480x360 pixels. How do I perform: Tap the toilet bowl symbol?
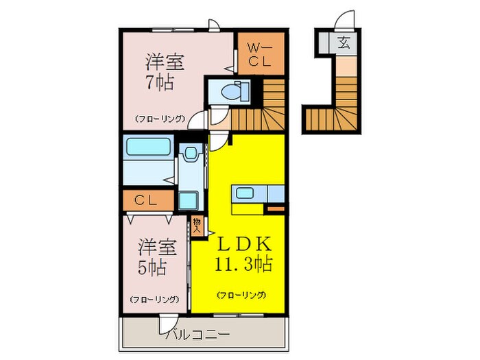[232, 91]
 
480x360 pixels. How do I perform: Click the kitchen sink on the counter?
[246, 193]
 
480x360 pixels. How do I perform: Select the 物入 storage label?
[197, 226]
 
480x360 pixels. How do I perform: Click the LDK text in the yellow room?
[246, 244]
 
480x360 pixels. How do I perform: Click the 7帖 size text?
[159, 84]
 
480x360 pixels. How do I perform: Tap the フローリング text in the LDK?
[241, 295]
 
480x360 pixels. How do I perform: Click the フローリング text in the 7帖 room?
[159, 118]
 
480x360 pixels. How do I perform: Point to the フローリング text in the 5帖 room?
[154, 299]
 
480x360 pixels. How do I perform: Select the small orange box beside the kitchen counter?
[276, 205]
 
